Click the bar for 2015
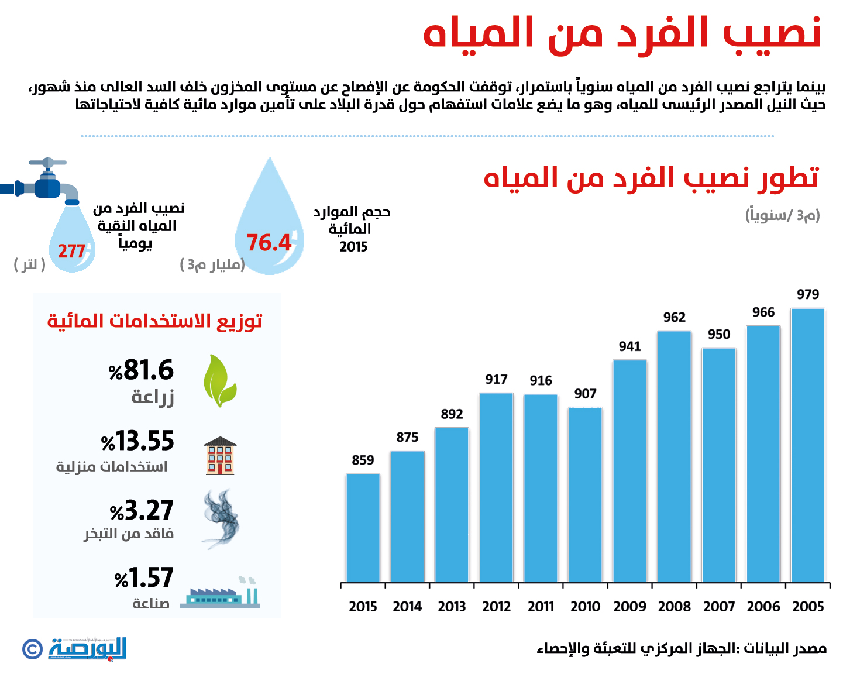[363, 528]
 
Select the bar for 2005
[807, 445]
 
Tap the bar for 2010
[585, 494]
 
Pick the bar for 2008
[674, 456]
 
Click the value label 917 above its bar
[496, 380]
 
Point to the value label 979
[807, 295]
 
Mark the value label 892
[452, 414]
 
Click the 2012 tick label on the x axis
[496, 607]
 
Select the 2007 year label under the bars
[718, 607]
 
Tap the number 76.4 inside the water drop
[269, 243]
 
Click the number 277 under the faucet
[71, 252]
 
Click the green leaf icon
[219, 381]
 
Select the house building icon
[220, 455]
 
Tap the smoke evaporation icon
[221, 518]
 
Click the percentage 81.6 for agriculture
[142, 370]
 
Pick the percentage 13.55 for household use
[138, 441]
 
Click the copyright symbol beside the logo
[32, 649]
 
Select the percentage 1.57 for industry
[144, 578]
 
